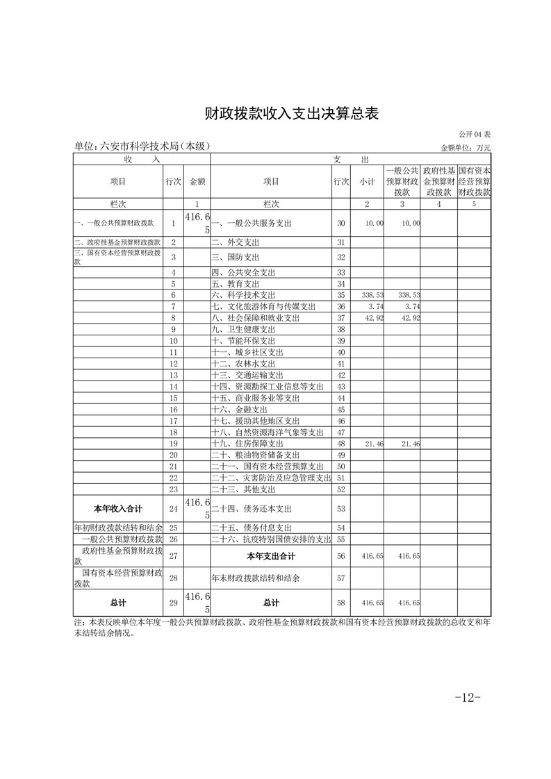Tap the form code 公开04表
pos(475,134)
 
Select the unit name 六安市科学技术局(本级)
pos(142,146)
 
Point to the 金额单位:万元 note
pos(466,147)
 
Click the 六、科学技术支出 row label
pos(247,295)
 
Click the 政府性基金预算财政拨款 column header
pos(439,181)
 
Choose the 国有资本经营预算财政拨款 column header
pos(475,181)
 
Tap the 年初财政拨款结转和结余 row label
pos(117,528)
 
